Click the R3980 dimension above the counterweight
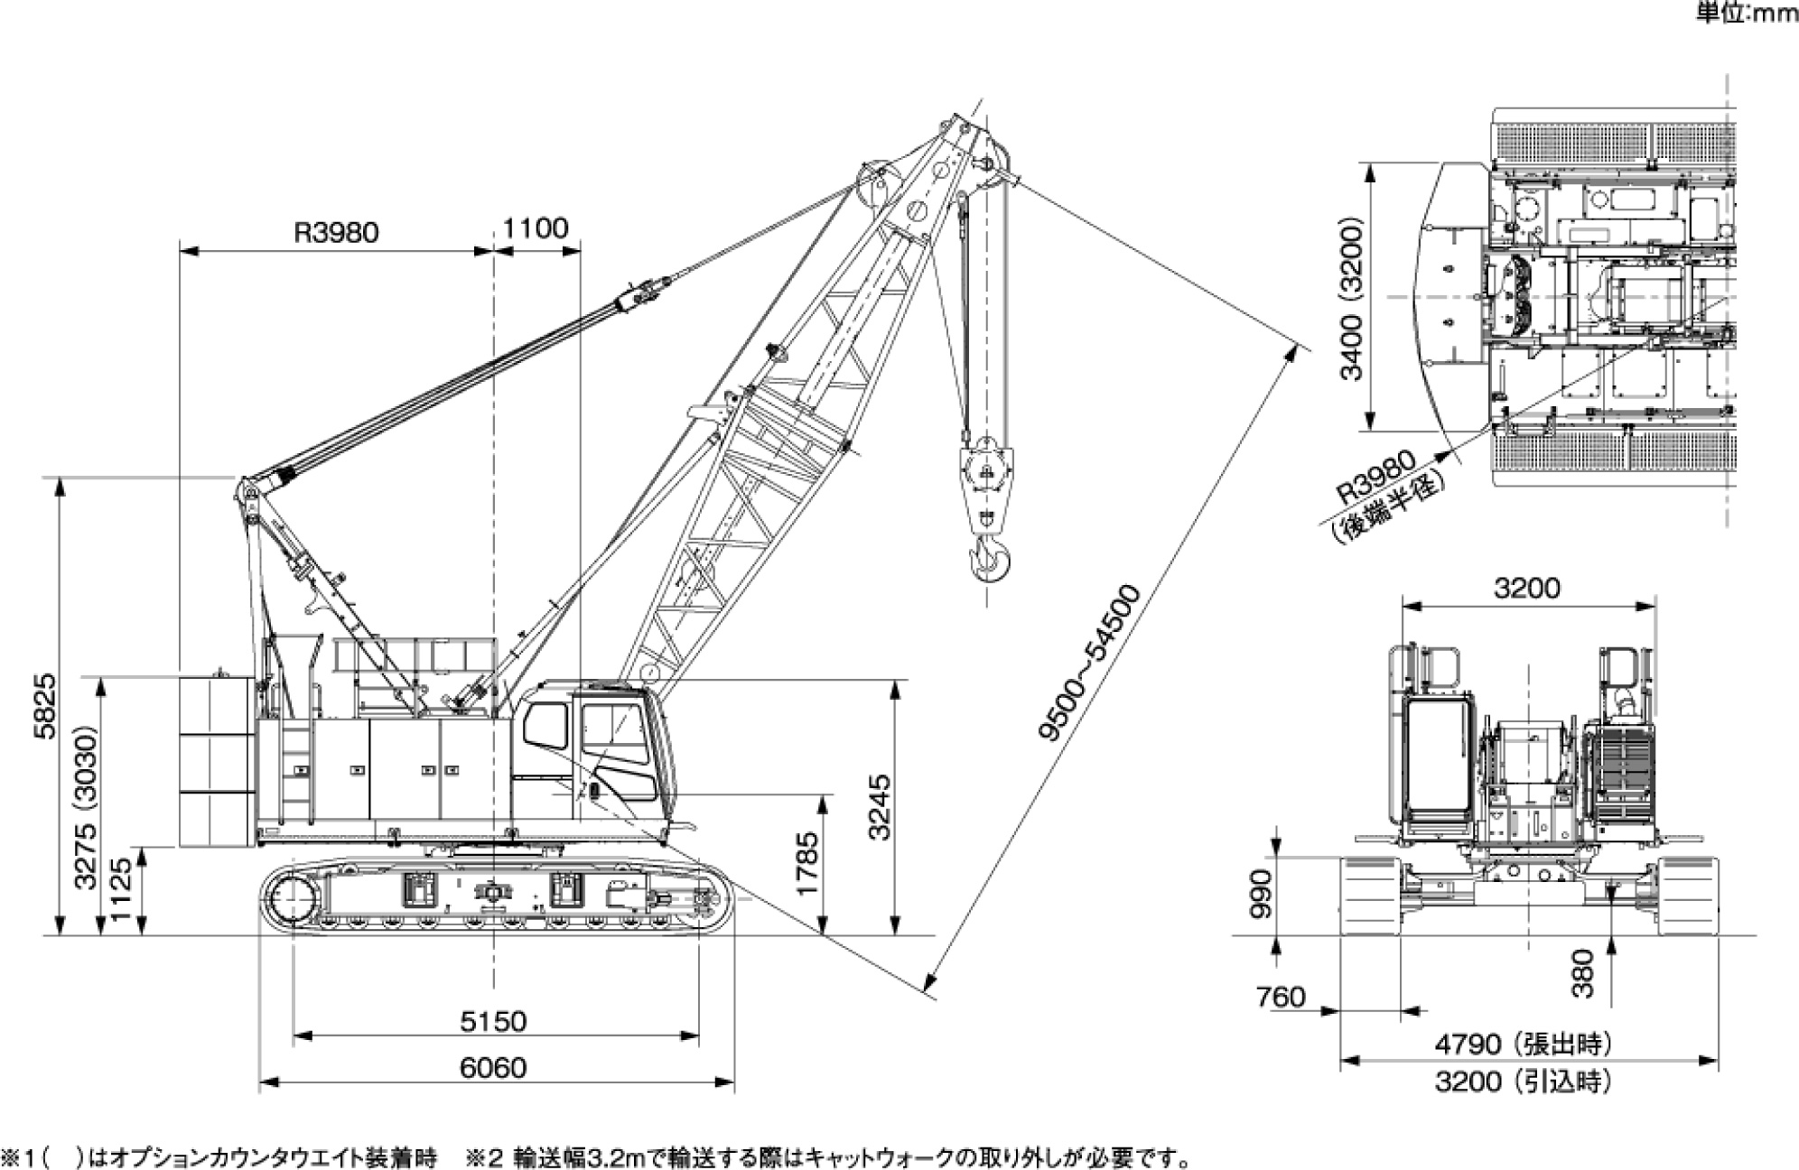click(x=336, y=232)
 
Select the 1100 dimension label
click(x=536, y=227)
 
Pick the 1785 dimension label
click(x=806, y=863)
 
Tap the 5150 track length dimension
click(x=493, y=1021)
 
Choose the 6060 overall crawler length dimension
click(x=493, y=1068)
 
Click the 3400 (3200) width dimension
click(x=1351, y=298)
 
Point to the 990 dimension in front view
click(x=1261, y=894)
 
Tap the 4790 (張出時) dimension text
click(x=1523, y=1045)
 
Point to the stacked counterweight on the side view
click(x=217, y=763)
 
